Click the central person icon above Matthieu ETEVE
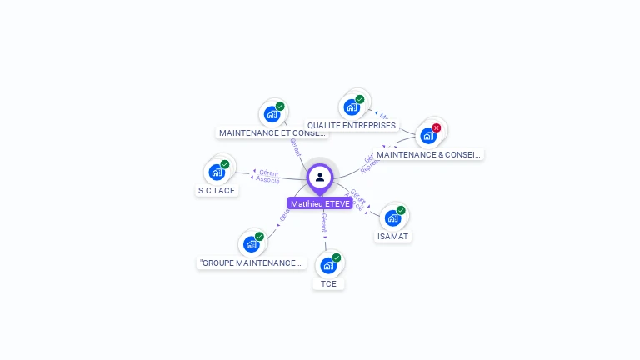320,177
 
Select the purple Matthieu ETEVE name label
320,203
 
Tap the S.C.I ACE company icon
217,172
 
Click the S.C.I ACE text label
217,190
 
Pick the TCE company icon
328,266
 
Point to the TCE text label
329,283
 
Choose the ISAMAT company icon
392,218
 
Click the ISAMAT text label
393,236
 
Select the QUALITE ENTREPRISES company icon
352,107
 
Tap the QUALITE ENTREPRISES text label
352,126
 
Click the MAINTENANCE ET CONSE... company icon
272,114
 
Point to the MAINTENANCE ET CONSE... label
272,132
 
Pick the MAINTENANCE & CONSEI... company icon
428,136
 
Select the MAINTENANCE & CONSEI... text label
428,154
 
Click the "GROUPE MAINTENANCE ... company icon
251,244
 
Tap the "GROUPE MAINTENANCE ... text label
251,262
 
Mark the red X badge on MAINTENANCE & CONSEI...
436,128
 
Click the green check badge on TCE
337,257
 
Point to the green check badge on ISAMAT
401,210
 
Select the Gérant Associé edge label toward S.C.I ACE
268,176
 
